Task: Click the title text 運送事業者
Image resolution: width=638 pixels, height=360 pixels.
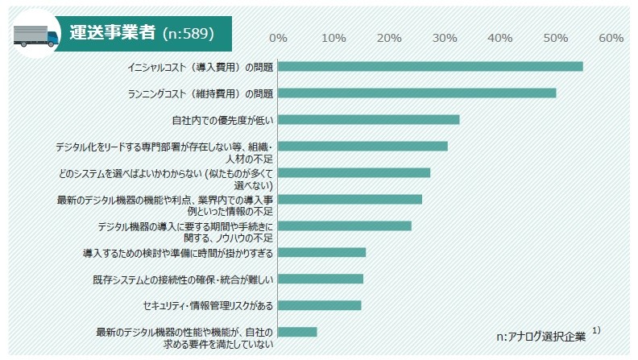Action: (113, 35)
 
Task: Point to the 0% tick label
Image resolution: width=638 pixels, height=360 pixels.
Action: (278, 38)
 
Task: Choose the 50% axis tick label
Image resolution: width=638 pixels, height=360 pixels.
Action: (556, 38)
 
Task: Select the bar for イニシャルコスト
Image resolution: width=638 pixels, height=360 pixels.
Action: (430, 66)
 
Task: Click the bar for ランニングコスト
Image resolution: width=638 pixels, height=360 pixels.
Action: (416, 93)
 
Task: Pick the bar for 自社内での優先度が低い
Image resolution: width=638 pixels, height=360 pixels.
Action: (368, 119)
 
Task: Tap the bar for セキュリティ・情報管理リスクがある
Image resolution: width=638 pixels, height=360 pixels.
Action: (320, 305)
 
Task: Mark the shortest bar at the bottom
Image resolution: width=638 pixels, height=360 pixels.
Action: (297, 332)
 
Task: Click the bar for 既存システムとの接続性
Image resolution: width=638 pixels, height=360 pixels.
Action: (321, 279)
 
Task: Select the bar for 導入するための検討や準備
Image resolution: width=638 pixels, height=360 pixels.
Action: (321, 252)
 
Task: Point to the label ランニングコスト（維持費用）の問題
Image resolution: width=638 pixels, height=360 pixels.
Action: (201, 93)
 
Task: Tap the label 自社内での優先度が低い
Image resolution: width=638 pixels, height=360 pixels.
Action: (222, 120)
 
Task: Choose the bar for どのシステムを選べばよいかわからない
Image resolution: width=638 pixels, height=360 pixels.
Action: (354, 172)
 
